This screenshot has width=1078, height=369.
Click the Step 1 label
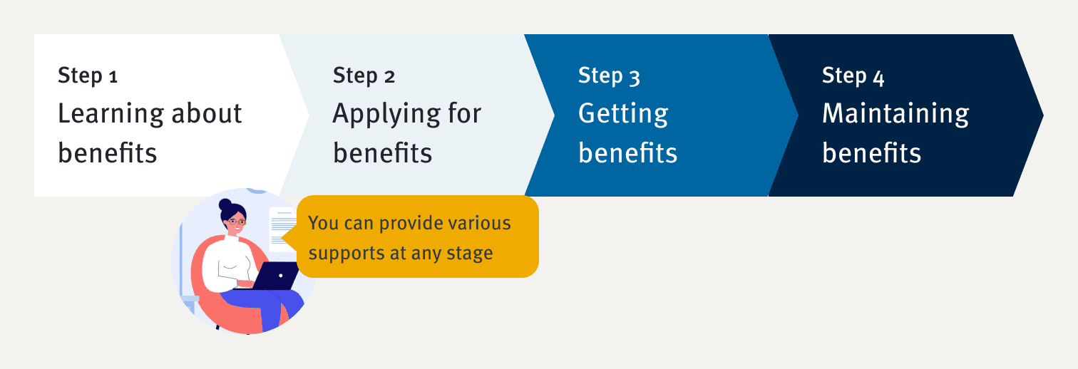88,76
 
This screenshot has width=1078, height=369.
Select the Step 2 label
364,76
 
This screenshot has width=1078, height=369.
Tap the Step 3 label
610,76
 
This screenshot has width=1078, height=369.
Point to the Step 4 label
853,76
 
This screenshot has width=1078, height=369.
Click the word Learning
111,115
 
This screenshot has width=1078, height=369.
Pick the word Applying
386,115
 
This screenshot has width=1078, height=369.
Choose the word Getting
623,115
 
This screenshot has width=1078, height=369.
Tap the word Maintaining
895,115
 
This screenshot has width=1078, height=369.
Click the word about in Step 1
207,113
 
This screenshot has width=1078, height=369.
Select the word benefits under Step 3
627,152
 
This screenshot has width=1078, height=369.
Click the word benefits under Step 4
871,152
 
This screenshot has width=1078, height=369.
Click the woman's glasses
236,222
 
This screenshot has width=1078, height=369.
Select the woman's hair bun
225,204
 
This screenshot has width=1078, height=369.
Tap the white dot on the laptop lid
281,276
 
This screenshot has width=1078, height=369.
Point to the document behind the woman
282,229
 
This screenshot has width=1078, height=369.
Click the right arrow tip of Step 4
1043,115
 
